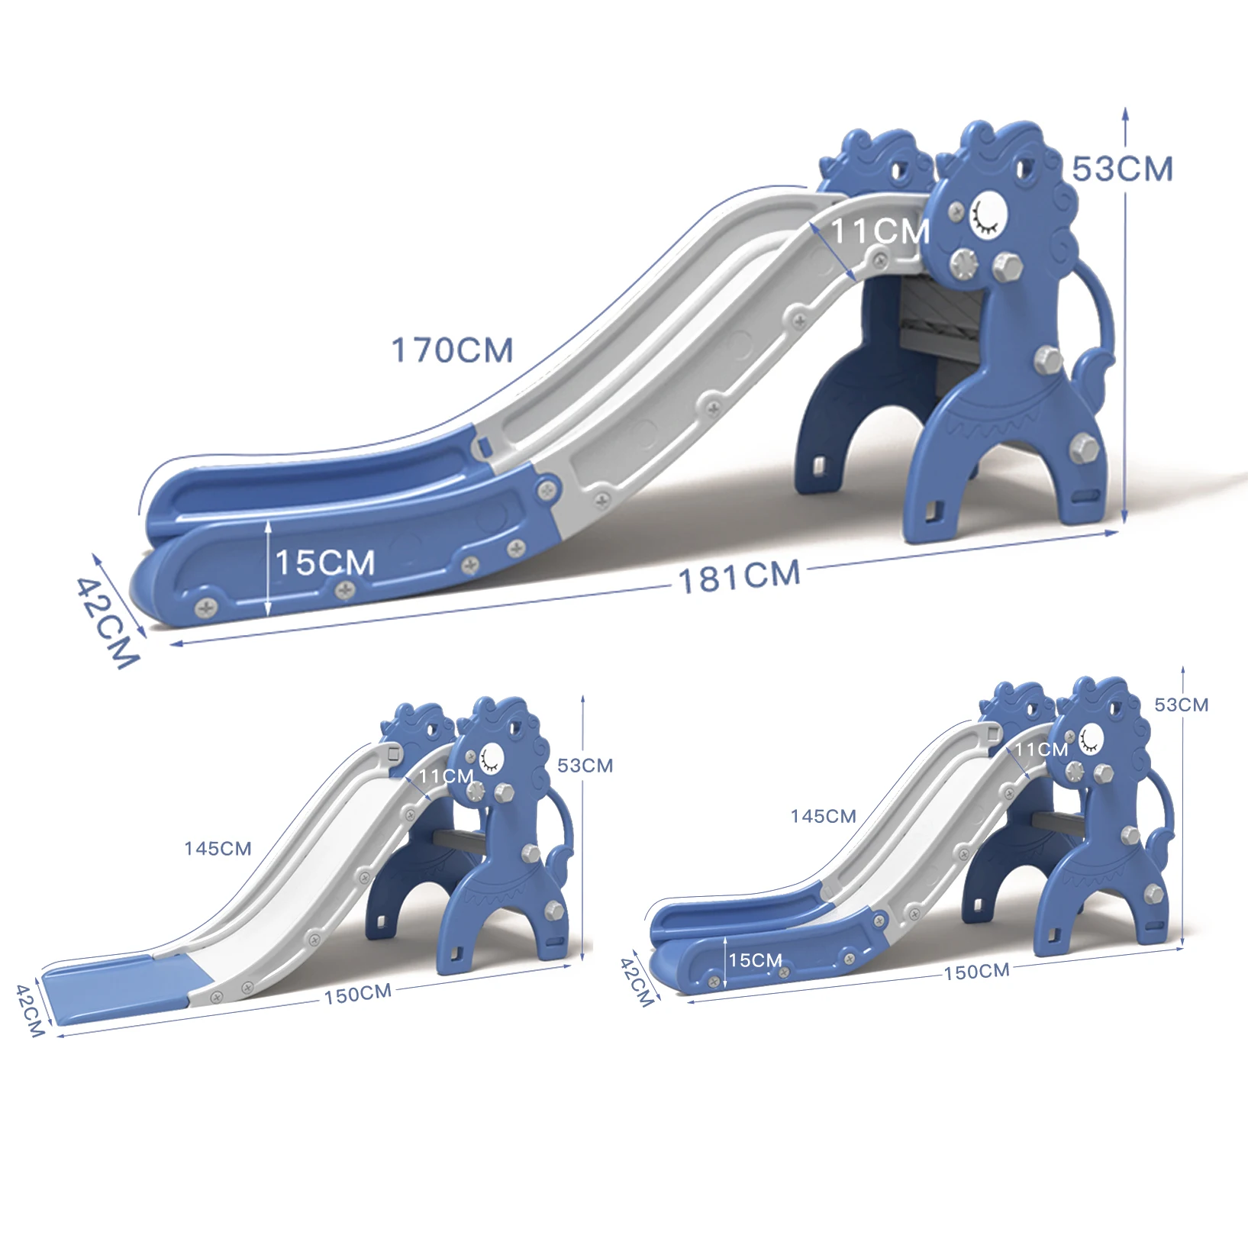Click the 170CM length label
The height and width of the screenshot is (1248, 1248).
click(x=452, y=350)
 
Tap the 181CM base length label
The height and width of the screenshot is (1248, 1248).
click(x=739, y=576)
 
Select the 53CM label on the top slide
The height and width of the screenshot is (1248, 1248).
click(x=1121, y=169)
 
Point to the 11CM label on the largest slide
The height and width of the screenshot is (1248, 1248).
click(x=879, y=231)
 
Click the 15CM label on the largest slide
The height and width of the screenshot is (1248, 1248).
click(x=325, y=563)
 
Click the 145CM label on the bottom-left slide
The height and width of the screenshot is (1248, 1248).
click(x=218, y=849)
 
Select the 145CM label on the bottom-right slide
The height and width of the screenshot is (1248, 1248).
click(x=823, y=817)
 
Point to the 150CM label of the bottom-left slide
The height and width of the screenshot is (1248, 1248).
click(x=357, y=994)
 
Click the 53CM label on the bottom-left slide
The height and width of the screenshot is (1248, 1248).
click(x=585, y=766)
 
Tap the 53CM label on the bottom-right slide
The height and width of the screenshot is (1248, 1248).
click(x=1181, y=705)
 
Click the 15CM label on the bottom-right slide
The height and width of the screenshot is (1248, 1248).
click(x=755, y=960)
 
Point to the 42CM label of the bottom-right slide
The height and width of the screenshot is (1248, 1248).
click(x=637, y=982)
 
